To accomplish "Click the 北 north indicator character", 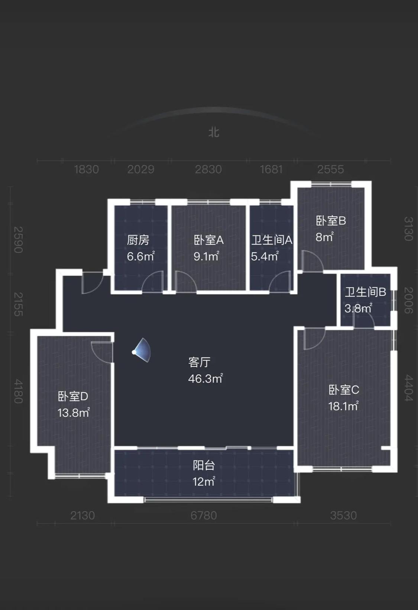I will click(214, 132).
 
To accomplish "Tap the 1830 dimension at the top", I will click(86, 170).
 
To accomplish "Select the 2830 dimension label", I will click(208, 170).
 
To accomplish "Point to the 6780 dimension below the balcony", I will click(203, 516).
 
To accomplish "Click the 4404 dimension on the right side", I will click(408, 388).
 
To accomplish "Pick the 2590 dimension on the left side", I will click(18, 240).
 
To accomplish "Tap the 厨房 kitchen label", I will click(138, 240).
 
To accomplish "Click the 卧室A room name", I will click(208, 240).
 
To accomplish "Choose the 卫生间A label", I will click(272, 240).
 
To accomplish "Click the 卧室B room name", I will click(331, 221).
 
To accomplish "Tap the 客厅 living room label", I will click(200, 362).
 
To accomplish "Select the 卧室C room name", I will click(344, 390).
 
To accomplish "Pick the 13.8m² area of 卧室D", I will click(74, 413).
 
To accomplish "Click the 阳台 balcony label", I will click(204, 465).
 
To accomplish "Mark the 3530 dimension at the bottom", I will click(343, 516).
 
